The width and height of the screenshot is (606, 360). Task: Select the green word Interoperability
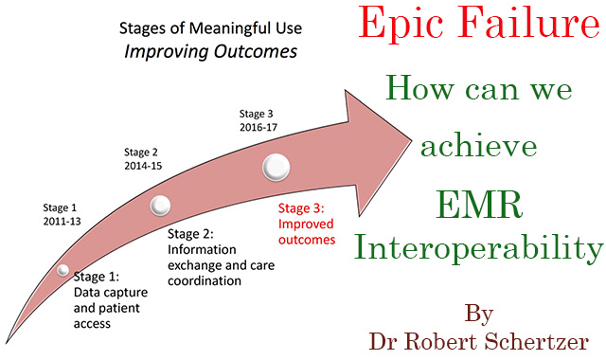tap(478, 249)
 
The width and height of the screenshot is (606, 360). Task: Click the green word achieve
tap(479, 148)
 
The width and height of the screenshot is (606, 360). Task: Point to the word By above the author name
tap(481, 311)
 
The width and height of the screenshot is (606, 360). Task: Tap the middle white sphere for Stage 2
tap(160, 204)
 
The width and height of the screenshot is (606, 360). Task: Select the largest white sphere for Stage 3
tap(276, 168)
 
